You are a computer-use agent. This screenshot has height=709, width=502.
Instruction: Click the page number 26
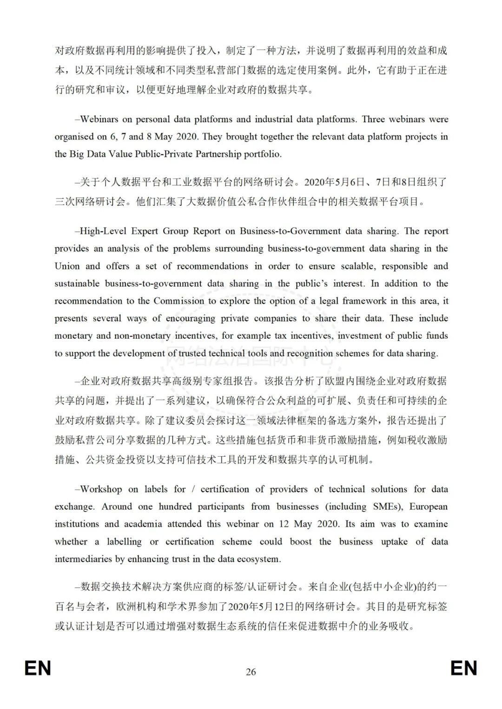tap(251, 671)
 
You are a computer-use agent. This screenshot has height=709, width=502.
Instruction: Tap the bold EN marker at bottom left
tap(38, 669)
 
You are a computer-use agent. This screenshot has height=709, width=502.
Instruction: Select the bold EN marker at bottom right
tap(464, 669)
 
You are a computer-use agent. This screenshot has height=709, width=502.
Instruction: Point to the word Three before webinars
tap(374, 119)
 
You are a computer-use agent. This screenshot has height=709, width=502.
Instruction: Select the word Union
tap(67, 266)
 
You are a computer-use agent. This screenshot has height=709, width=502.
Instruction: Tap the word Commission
tap(179, 301)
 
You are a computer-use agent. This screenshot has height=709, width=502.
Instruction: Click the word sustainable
tap(77, 283)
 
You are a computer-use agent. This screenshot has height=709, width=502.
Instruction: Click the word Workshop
tap(101, 489)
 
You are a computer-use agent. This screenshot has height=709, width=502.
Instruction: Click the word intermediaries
tap(83, 558)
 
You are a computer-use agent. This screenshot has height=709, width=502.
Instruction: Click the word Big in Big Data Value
tap(76, 154)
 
